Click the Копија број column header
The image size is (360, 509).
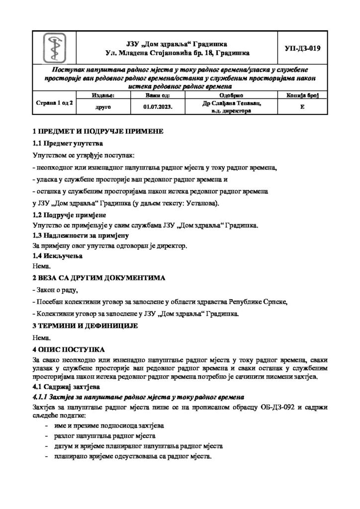point(302,94)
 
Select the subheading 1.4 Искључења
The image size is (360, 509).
point(57,256)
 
